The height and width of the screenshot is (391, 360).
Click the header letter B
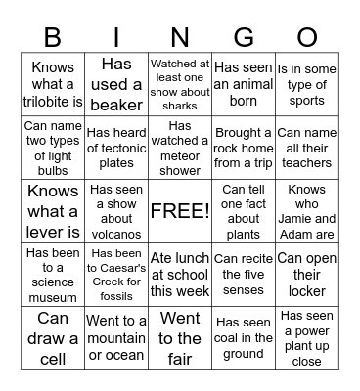[x=53, y=37]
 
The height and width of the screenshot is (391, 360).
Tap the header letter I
[x=116, y=37]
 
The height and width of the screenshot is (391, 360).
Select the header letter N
[x=180, y=37]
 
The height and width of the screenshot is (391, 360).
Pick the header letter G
[x=243, y=37]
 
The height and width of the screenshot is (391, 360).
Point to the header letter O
[x=306, y=37]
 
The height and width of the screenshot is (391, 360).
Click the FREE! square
[x=180, y=210]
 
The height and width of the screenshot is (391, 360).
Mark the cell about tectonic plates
[x=116, y=148]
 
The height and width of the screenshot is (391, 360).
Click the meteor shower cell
[x=180, y=148]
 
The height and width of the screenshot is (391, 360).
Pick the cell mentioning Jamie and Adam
[x=306, y=210]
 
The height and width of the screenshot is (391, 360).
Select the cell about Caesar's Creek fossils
[x=116, y=274]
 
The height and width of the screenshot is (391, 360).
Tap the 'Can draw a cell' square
[x=53, y=337]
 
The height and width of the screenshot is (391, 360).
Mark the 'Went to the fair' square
[x=180, y=337]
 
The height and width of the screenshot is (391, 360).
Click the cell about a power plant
[x=306, y=337]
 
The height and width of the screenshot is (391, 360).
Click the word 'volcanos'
[x=116, y=233]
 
